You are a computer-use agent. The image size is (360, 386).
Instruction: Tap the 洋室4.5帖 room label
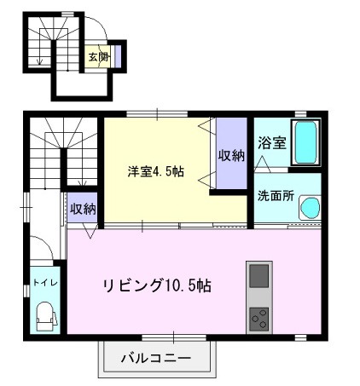pyautogui.click(x=154, y=170)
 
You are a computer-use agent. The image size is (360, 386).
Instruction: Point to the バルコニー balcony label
pyautogui.click(x=155, y=357)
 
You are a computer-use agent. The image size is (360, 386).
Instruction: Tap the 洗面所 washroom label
pyautogui.click(x=275, y=195)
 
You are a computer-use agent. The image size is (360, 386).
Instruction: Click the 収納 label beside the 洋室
pyautogui.click(x=230, y=156)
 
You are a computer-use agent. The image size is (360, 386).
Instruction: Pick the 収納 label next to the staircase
pyautogui.click(x=83, y=209)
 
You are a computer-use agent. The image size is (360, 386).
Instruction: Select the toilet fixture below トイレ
pyautogui.click(x=44, y=316)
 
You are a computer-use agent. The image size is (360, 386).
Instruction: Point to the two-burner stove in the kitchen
pyautogui.click(x=258, y=320)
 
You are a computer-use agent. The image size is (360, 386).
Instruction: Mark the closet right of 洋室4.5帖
pyautogui.click(x=230, y=155)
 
